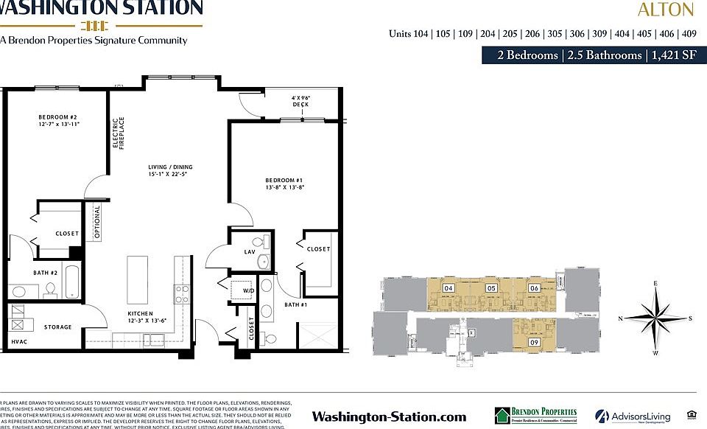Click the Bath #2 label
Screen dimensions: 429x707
44,273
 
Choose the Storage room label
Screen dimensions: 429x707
57,327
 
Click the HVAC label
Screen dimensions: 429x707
18,343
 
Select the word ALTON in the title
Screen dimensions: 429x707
665,10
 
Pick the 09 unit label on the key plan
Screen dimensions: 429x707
534,342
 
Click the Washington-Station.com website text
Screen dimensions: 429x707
389,416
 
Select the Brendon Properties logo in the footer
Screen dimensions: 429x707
535,416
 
